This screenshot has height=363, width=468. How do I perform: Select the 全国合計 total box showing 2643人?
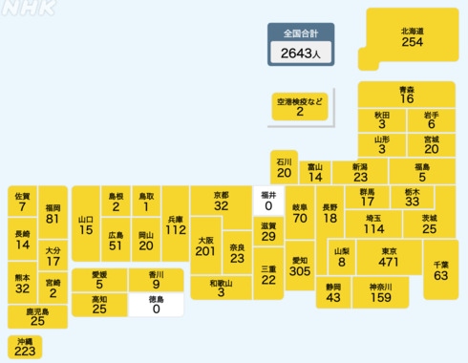[300, 46]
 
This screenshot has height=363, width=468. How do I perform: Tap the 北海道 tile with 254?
[413, 37]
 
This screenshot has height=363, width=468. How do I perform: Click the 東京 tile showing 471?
[389, 257]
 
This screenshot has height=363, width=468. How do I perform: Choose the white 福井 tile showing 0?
[268, 200]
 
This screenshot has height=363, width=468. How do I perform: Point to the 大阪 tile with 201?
[204, 246]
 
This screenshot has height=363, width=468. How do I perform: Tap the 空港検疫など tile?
[299, 106]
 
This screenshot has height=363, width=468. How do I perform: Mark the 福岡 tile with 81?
[53, 213]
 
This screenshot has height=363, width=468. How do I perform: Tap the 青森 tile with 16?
[407, 94]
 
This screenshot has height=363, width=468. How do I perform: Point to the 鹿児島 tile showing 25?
[37, 315]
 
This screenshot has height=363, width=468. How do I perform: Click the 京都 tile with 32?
[222, 200]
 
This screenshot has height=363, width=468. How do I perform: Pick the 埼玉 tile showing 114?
[373, 224]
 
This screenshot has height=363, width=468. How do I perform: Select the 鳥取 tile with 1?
[146, 201]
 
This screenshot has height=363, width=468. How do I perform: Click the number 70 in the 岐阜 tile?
[300, 218]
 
